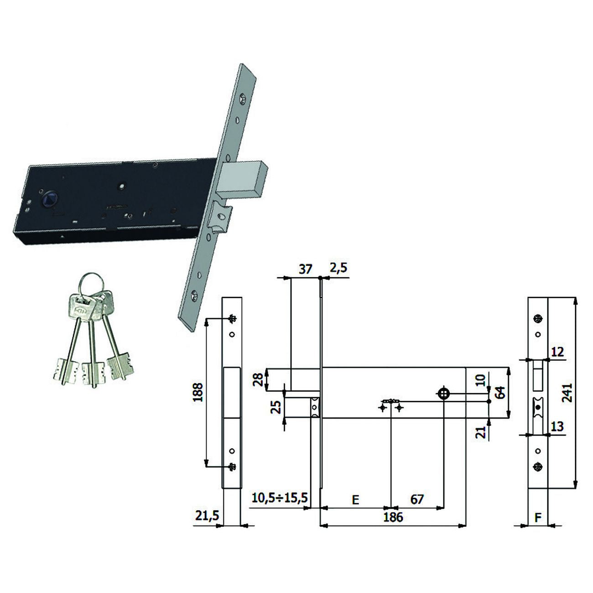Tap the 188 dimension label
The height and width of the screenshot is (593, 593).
click(x=198, y=392)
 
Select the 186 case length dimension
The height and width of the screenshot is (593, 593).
click(x=393, y=517)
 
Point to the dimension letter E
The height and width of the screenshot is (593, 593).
click(x=355, y=499)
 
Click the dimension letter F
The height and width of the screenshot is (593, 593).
click(x=538, y=517)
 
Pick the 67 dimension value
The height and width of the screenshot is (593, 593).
click(x=417, y=499)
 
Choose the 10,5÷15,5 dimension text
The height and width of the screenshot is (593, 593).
click(x=280, y=498)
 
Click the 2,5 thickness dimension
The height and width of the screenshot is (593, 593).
click(x=338, y=268)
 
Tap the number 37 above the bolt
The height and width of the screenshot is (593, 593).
click(x=306, y=269)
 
